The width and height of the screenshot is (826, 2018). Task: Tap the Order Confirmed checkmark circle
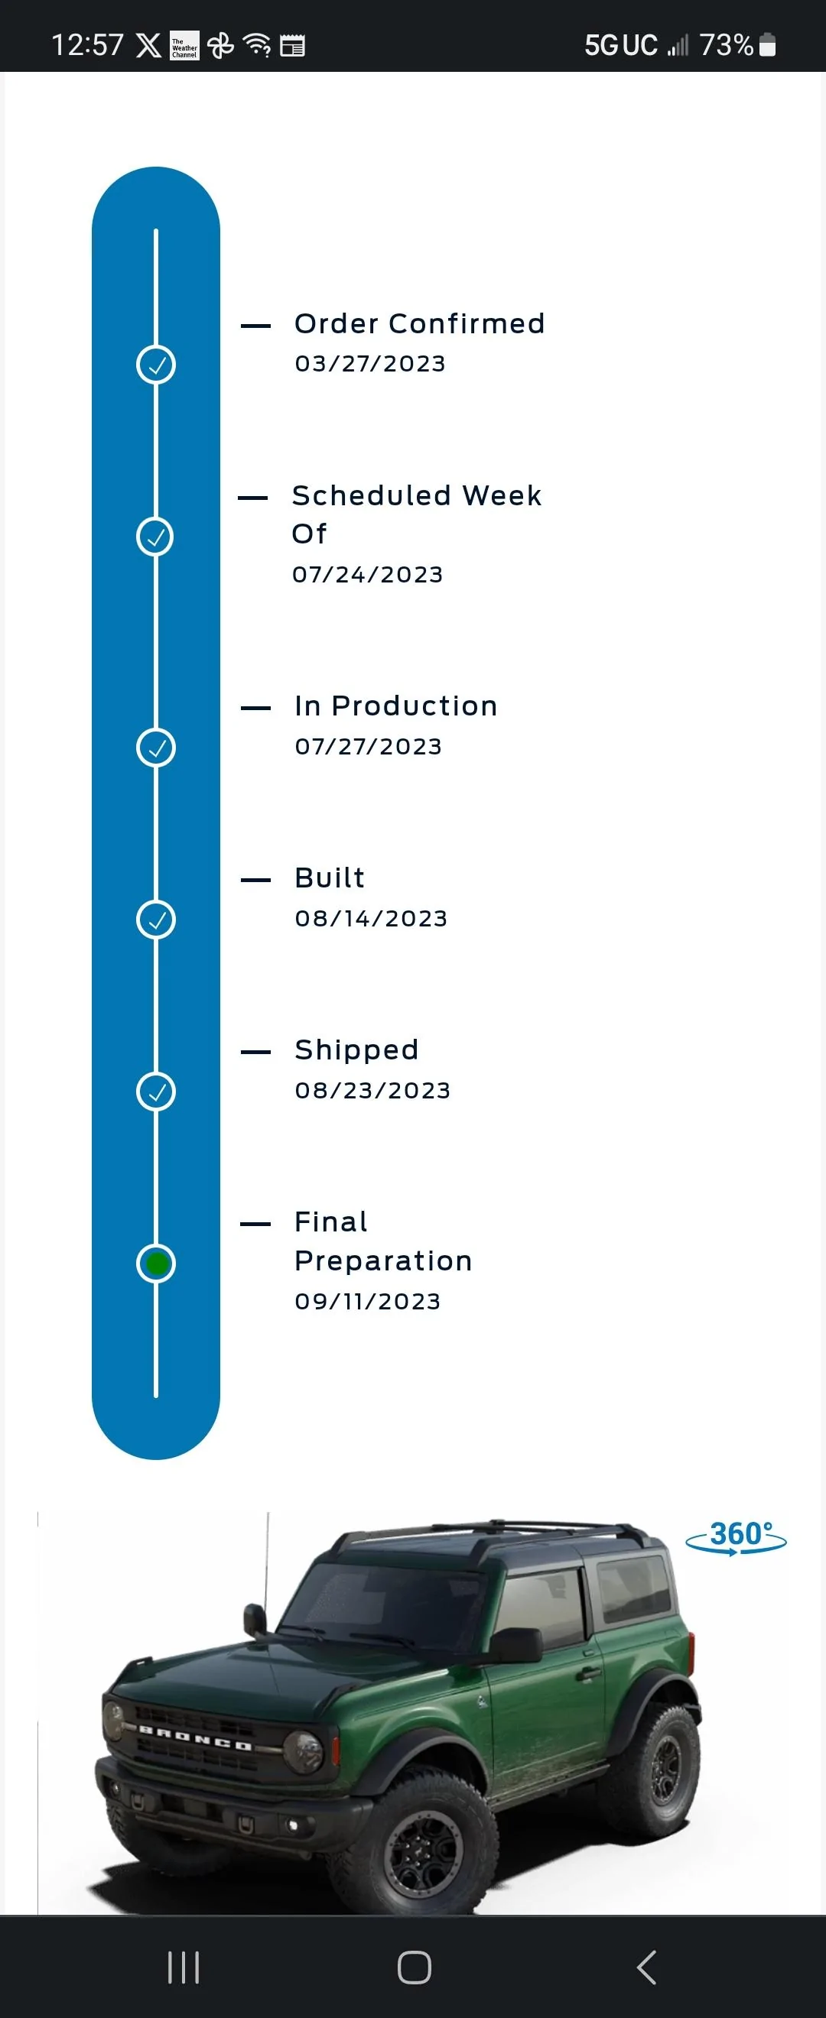coord(156,365)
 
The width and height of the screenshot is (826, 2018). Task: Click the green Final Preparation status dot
coord(156,1263)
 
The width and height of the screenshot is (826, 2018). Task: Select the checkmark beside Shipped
coord(156,1092)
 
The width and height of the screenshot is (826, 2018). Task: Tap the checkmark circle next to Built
coord(156,919)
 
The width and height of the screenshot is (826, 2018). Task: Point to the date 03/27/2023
coord(370,364)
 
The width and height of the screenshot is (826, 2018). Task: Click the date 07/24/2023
coord(368,574)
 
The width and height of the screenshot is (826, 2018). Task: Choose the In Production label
coord(395,706)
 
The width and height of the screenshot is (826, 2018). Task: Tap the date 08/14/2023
coord(371,918)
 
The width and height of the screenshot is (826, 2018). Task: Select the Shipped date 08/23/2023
coord(372,1090)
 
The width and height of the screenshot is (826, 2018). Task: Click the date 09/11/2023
coord(368,1301)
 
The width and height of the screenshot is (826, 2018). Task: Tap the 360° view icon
coord(736,1538)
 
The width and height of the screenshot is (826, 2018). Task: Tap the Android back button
coord(646,1967)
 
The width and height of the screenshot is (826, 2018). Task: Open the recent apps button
coord(184,1967)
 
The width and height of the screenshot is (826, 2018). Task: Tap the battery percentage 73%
coord(726,45)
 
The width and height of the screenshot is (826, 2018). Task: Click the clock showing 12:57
coord(88,45)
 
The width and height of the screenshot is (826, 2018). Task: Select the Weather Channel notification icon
coord(185,45)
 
